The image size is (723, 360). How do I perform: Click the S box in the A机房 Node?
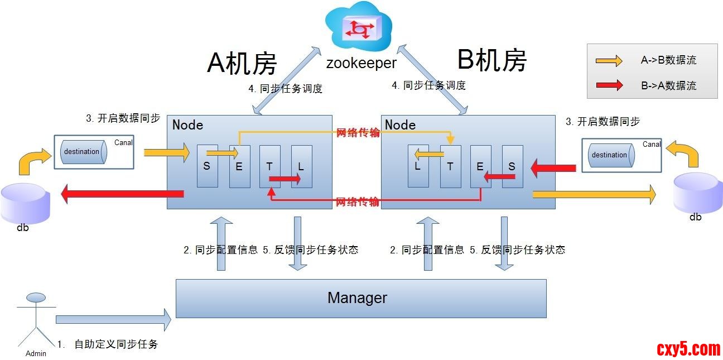coord(207,166)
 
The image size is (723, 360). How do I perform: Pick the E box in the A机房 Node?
coord(239,166)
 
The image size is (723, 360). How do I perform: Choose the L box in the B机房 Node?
coord(418,166)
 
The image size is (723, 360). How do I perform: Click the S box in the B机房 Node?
coord(512,166)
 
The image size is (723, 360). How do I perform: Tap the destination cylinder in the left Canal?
coord(81,151)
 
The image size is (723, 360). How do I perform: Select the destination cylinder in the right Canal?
coord(609,155)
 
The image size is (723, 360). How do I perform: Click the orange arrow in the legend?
coord(609,60)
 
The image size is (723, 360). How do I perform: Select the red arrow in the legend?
coord(609,85)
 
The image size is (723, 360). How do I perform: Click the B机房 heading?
coord(491,59)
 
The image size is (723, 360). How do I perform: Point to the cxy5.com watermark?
coord(688,349)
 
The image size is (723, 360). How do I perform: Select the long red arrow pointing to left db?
coord(122,194)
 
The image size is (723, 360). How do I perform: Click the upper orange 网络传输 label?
coord(358,133)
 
